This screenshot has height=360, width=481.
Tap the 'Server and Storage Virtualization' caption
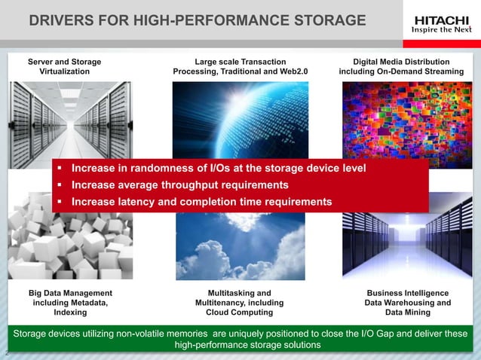[x=64, y=66]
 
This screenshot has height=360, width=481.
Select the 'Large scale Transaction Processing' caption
[x=240, y=66]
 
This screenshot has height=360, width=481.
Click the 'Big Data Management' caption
[x=65, y=302]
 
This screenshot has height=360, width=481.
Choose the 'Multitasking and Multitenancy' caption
[x=239, y=302]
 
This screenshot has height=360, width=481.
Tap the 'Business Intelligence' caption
[x=408, y=302]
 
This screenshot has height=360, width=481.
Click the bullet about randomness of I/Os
[x=219, y=167]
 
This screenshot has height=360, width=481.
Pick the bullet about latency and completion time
[x=201, y=202]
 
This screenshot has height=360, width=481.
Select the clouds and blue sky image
[x=239, y=249]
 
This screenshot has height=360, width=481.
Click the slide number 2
[x=6, y=352]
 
